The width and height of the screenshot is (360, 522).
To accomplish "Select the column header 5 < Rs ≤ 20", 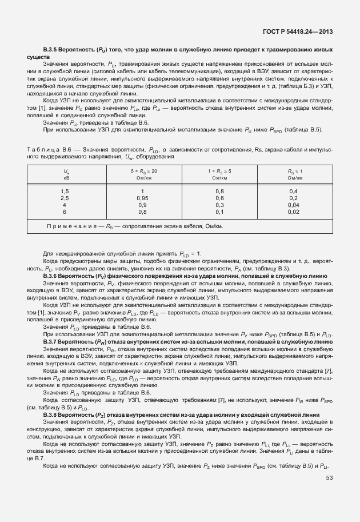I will pos(143,174).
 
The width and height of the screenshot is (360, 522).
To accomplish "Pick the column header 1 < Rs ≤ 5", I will pos(219,174).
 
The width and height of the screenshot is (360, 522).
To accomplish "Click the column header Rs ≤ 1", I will pos(294,174).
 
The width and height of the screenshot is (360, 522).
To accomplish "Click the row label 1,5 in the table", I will pos(65,190).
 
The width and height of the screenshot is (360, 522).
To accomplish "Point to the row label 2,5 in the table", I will pos(65,197).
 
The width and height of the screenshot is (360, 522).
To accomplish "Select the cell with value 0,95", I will pos(143,197).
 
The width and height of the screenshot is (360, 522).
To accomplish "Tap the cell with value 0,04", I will pos(294,204).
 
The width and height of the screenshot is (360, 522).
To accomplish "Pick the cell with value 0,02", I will pos(294,211).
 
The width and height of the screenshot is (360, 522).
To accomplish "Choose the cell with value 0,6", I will pos(219,197).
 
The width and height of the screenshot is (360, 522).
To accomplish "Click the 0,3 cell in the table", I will pos(219,204).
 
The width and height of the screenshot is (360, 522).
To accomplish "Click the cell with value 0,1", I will pos(219,211).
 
